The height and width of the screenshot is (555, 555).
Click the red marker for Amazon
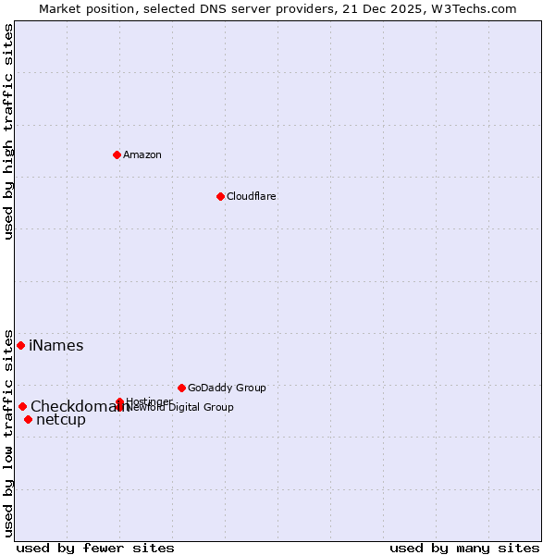[x=117, y=154]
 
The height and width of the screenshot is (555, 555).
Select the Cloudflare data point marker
[x=220, y=196]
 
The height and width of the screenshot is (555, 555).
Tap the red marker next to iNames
[x=20, y=345]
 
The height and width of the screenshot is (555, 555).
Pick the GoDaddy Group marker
[x=181, y=388]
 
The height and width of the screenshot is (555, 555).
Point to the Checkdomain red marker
[x=22, y=406]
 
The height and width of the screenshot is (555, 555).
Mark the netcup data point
[x=28, y=420]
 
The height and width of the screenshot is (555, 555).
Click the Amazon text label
[x=142, y=154]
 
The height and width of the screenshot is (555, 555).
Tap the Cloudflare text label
[x=251, y=196]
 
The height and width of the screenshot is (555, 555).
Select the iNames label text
[x=55, y=346]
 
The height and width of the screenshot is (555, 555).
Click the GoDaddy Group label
[x=226, y=388]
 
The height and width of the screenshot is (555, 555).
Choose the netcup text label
[x=60, y=420]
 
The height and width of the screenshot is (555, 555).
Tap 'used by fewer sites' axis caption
[x=95, y=548]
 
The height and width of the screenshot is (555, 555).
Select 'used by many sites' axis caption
[x=464, y=548]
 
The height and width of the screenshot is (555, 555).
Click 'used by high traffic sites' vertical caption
[x=8, y=131]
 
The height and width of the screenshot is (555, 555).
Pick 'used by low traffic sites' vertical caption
[x=8, y=433]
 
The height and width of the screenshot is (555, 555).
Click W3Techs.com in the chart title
[x=472, y=8]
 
